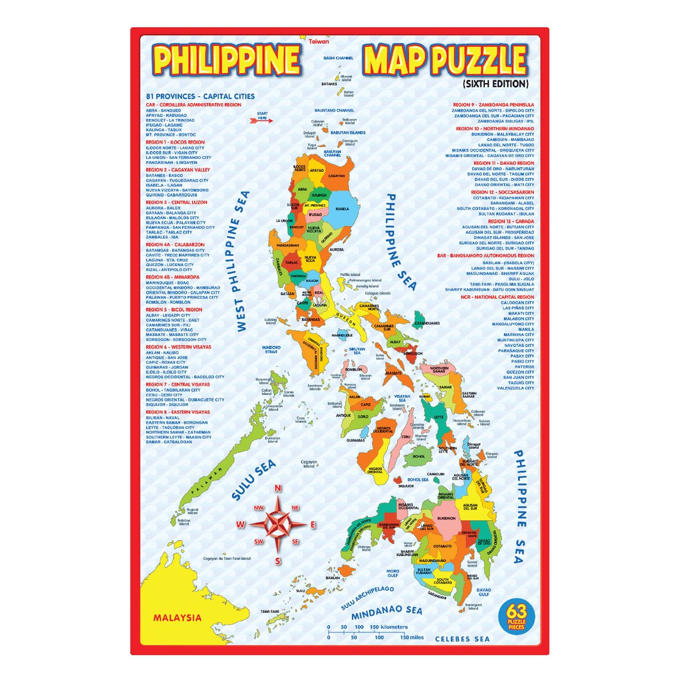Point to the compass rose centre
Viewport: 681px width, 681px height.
tap(277, 524)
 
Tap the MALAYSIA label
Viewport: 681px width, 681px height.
tap(177, 617)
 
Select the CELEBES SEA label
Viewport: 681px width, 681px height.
tap(462, 639)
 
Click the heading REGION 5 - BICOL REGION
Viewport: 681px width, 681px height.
tap(174, 310)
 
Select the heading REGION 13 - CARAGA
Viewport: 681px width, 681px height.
tap(511, 221)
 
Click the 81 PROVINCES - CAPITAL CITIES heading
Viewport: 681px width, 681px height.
tap(191, 96)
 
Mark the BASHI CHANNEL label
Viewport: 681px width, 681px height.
tap(338, 59)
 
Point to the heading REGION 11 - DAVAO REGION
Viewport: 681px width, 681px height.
tap(503, 163)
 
